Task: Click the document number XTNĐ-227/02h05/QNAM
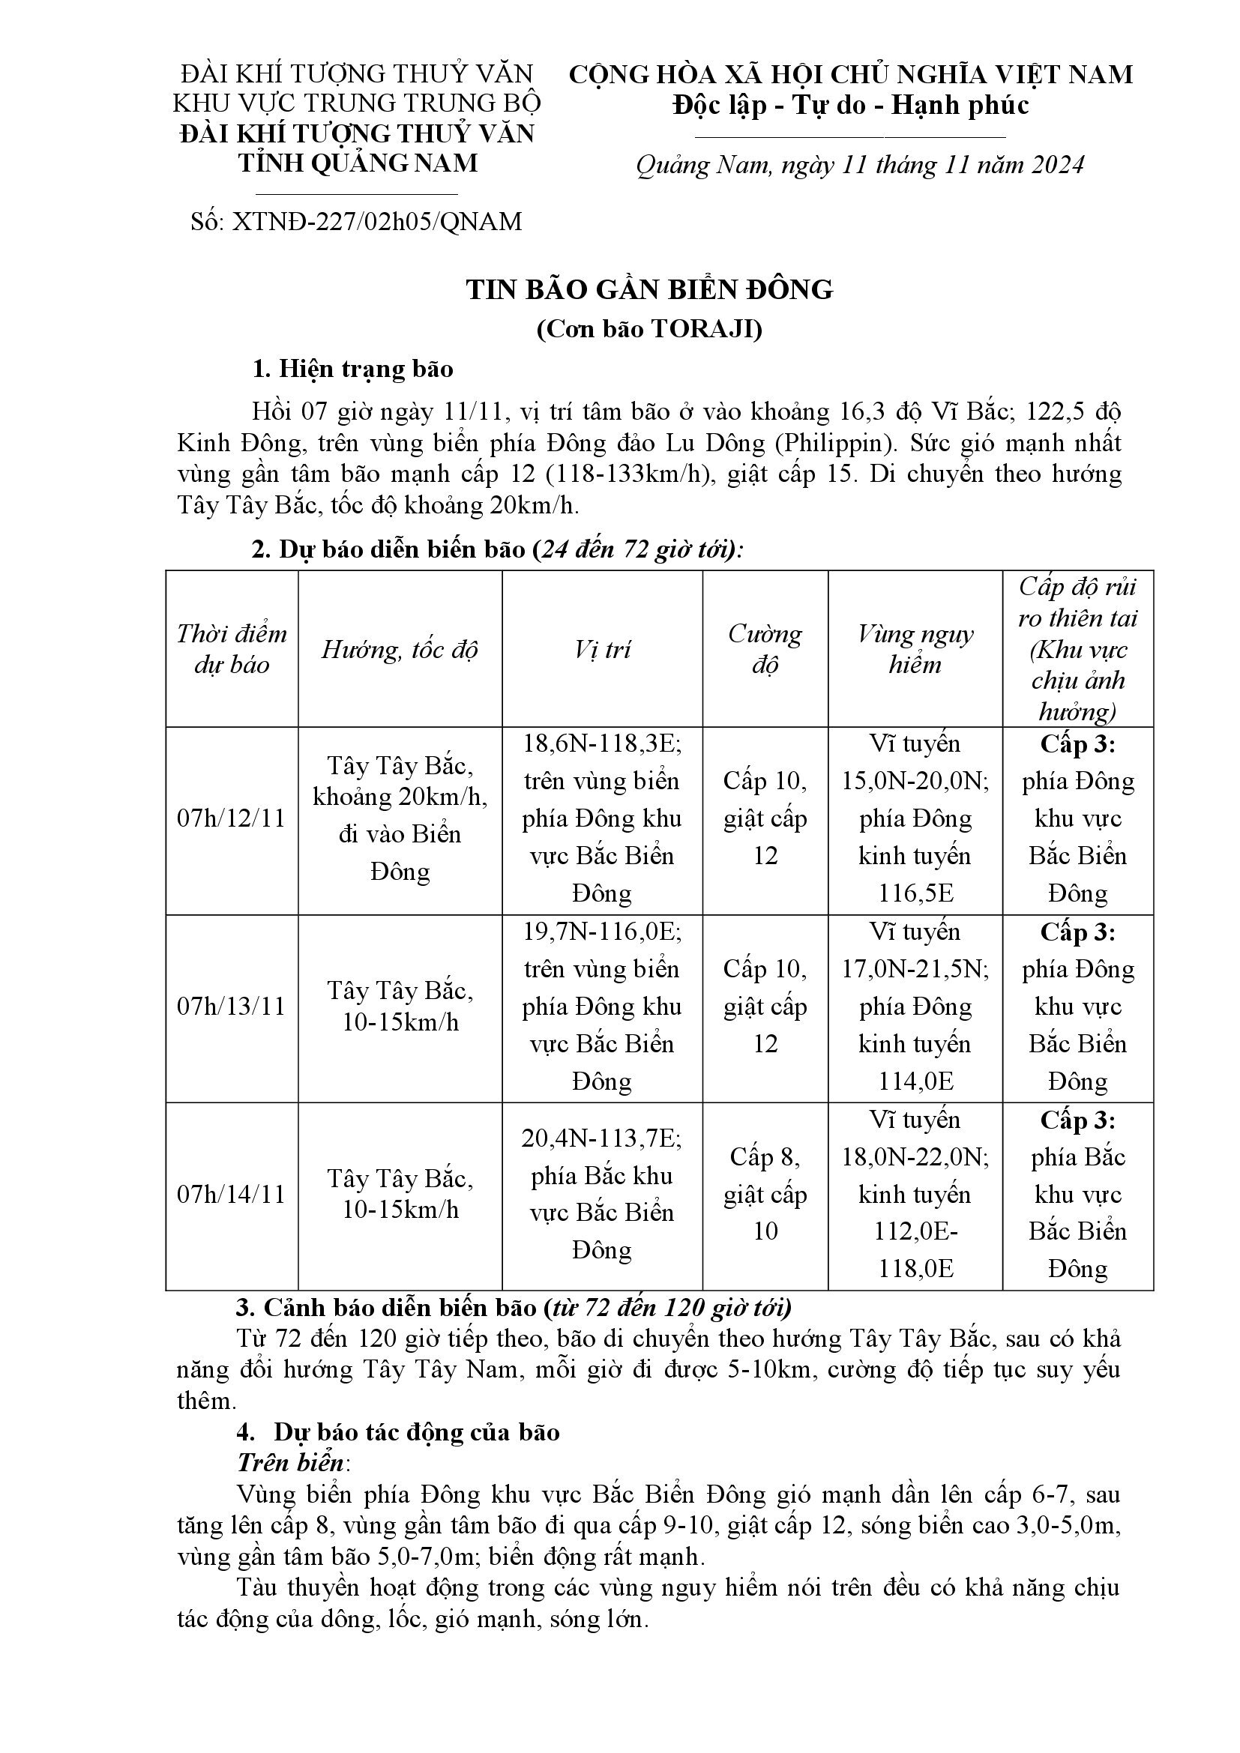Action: pos(376,221)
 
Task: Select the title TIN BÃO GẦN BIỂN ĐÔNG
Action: pos(650,289)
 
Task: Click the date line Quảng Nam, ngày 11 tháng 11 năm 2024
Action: pos(860,166)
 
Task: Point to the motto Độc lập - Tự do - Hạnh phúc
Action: pos(851,106)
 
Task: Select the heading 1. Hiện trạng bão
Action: pos(353,369)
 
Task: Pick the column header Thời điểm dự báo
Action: pos(232,649)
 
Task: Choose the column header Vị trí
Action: pos(602,649)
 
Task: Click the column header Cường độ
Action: pos(765,649)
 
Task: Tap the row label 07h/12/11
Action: pos(231,818)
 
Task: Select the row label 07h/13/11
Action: pos(231,1007)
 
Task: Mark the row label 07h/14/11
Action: pos(231,1194)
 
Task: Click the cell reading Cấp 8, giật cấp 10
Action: pos(765,1194)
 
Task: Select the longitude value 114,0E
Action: pos(914,1081)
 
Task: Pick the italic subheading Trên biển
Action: pos(290,1462)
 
